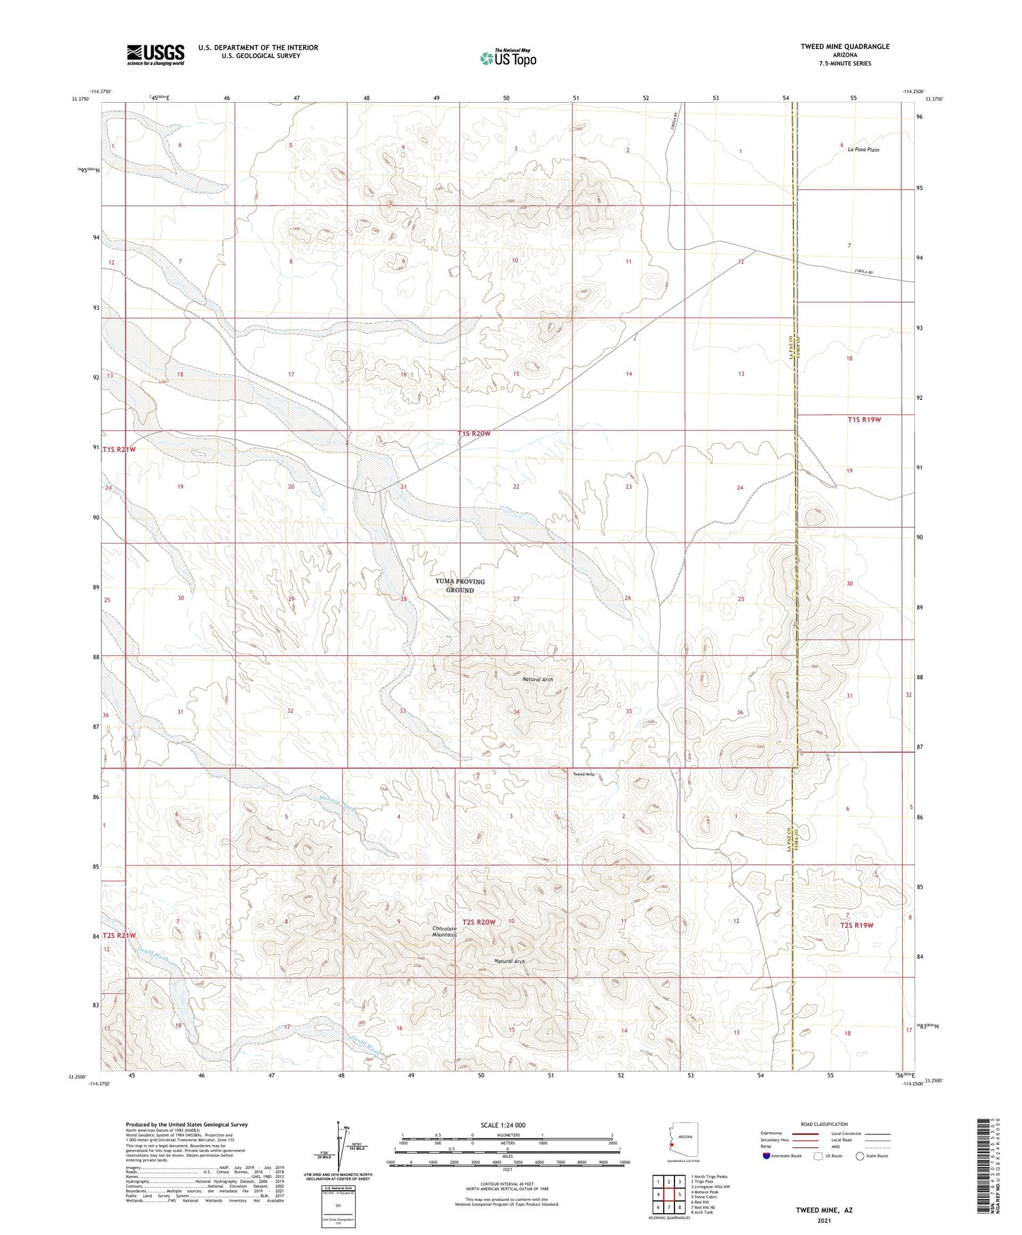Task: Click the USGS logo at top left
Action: [155, 54]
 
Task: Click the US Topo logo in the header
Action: [508, 59]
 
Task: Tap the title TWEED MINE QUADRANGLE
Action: [845, 46]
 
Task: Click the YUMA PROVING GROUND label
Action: [460, 586]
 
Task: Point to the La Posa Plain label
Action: [863, 149]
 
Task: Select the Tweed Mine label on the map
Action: [583, 775]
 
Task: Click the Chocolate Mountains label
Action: [444, 932]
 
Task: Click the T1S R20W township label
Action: [474, 433]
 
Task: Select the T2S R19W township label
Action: [856, 925]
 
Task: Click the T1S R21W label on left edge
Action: [120, 450]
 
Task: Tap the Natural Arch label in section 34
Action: [538, 679]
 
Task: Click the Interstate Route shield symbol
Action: [766, 1155]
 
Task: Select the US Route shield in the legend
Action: [818, 1155]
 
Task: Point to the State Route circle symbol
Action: [860, 1155]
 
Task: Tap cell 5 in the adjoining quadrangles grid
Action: [679, 1194]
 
